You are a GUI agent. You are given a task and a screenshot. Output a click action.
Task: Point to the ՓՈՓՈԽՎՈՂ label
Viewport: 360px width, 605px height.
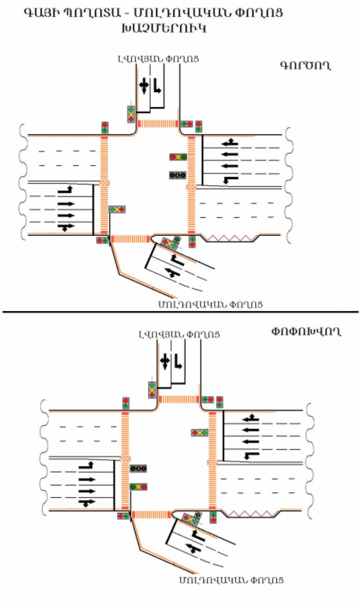tap(306, 332)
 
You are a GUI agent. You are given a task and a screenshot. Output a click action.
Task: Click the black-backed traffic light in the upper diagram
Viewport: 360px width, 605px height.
tap(178, 174)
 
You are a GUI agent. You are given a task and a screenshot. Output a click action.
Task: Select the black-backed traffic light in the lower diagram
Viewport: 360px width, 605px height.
tap(139, 469)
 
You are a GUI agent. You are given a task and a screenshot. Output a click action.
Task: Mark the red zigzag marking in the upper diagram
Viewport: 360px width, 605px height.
tap(230, 238)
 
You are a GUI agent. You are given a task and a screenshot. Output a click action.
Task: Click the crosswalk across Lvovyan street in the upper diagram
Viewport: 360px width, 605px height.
tap(157, 123)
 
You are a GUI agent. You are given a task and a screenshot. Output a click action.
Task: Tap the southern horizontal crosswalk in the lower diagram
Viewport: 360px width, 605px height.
tap(150, 514)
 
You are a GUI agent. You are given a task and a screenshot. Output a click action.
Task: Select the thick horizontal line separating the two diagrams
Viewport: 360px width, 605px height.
tap(180, 312)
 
